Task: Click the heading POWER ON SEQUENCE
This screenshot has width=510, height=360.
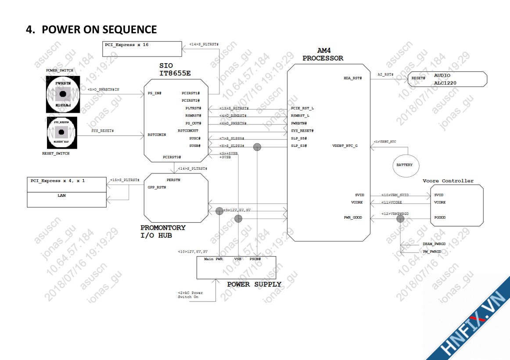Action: tap(91, 29)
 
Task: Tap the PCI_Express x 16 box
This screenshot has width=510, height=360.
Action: tap(142, 49)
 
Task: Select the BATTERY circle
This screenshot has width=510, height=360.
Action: tap(404, 165)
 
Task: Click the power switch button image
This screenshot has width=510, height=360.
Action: tap(63, 94)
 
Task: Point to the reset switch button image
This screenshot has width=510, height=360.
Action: tap(62, 132)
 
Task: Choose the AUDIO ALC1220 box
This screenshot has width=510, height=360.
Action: tap(447, 79)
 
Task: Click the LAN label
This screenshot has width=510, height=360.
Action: tap(61, 196)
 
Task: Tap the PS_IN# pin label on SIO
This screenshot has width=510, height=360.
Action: tap(155, 93)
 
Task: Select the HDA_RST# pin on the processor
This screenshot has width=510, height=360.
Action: tap(352, 78)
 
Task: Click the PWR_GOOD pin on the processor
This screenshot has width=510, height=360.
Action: tap(353, 217)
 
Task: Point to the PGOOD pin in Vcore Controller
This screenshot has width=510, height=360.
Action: tap(440, 217)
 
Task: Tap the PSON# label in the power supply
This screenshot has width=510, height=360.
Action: tap(255, 259)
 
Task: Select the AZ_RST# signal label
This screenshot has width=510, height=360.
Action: tap(385, 75)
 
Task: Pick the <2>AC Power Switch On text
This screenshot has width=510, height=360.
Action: tap(190, 295)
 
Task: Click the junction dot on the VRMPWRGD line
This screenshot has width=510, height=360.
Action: tap(400, 217)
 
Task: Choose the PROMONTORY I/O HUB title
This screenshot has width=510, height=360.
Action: tap(163, 232)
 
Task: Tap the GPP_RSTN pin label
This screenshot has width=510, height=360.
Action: tap(157, 187)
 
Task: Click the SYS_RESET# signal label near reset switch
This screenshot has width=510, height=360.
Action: tap(102, 131)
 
